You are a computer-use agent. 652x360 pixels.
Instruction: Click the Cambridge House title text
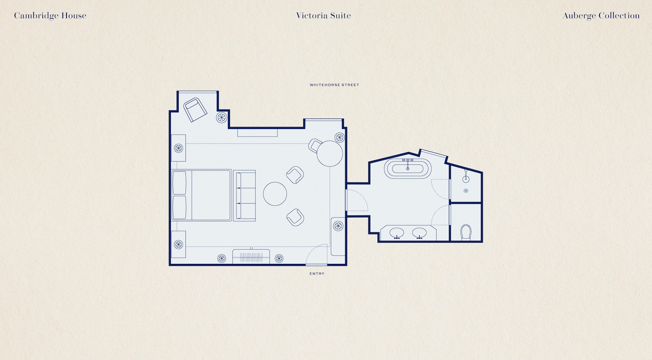pyautogui.click(x=50, y=16)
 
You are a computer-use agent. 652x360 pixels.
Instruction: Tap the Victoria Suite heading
pyautogui.click(x=323, y=16)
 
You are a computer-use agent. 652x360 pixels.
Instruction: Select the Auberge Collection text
pyautogui.click(x=601, y=16)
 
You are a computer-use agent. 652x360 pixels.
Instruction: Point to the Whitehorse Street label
pyautogui.click(x=334, y=85)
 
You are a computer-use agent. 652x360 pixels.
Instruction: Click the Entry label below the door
pyautogui.click(x=317, y=274)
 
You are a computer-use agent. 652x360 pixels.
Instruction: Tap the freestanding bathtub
pyautogui.click(x=407, y=168)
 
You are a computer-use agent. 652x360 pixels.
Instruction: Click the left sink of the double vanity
pyautogui.click(x=397, y=233)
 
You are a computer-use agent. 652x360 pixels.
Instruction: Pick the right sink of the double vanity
pyautogui.click(x=419, y=233)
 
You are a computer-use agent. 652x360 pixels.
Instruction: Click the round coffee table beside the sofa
pyautogui.click(x=275, y=194)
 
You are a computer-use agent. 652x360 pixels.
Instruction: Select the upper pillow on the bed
pyautogui.click(x=179, y=183)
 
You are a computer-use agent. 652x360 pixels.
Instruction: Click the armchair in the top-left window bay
pyautogui.click(x=195, y=110)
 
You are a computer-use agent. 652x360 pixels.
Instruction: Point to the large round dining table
pyautogui.click(x=330, y=153)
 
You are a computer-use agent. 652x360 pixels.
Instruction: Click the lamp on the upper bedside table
pyautogui.click(x=178, y=148)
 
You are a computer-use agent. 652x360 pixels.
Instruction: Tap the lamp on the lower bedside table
pyautogui.click(x=178, y=244)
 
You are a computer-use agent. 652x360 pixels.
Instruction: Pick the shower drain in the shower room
pyautogui.click(x=466, y=191)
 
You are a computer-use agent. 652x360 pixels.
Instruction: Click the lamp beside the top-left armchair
pyautogui.click(x=222, y=117)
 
